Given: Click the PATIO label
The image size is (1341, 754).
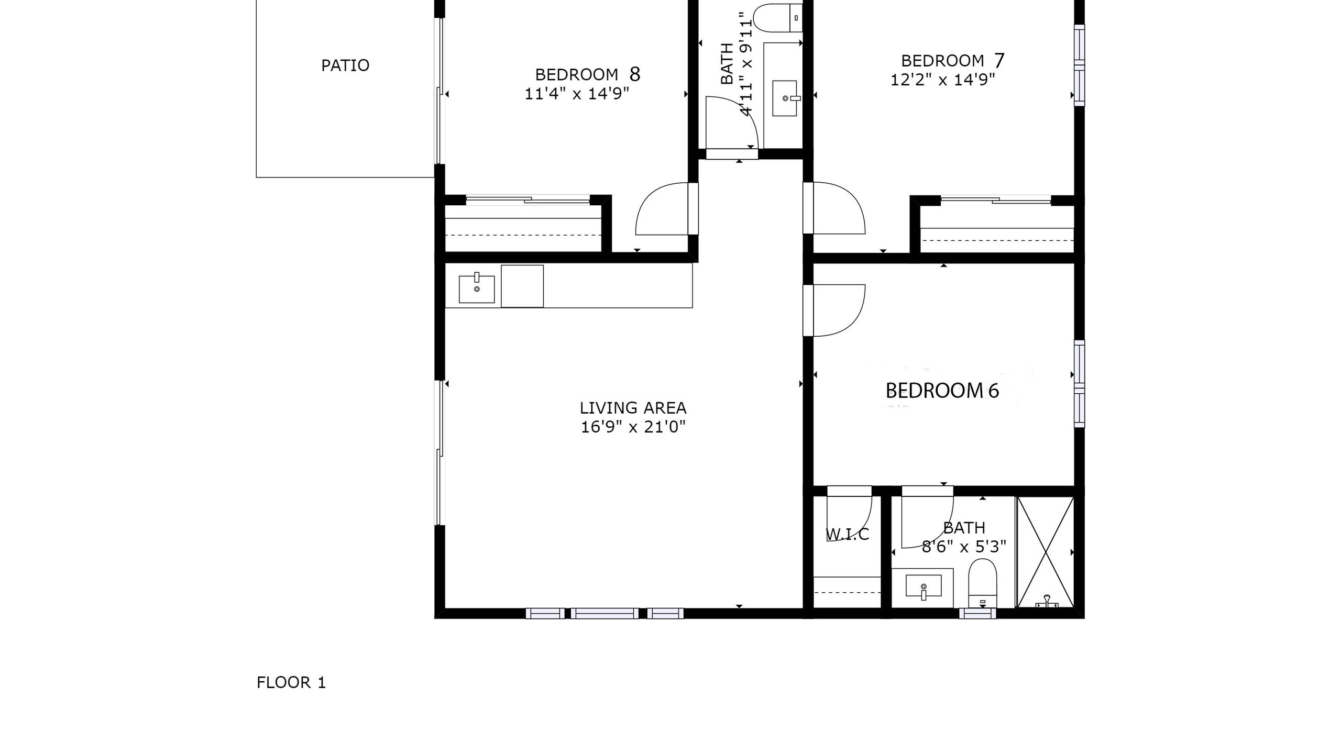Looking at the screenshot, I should pyautogui.click(x=345, y=65).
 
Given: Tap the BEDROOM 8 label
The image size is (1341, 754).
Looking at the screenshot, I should pyautogui.click(x=587, y=74).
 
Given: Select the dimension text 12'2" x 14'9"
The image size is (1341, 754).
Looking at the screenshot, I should pyautogui.click(x=943, y=80).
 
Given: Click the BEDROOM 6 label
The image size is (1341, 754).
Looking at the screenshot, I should pyautogui.click(x=942, y=391).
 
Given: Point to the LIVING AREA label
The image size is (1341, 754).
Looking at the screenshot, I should pyautogui.click(x=633, y=408).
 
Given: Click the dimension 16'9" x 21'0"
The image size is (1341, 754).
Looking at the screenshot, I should pyautogui.click(x=633, y=427).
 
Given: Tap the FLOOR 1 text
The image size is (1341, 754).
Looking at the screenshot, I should pyautogui.click(x=291, y=683).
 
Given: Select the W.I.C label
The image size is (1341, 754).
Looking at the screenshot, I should pyautogui.click(x=847, y=535).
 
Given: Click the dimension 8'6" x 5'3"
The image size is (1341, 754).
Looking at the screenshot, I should pyautogui.click(x=964, y=547).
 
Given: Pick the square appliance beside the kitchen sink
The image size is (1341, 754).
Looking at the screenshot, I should pyautogui.click(x=522, y=286).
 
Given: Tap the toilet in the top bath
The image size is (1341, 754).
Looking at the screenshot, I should pyautogui.click(x=778, y=17).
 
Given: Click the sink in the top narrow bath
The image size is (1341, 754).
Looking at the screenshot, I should pyautogui.click(x=785, y=98).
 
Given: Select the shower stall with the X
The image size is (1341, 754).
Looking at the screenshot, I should pyautogui.click(x=1045, y=552).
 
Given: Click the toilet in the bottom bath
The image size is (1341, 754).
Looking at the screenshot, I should pyautogui.click(x=982, y=583).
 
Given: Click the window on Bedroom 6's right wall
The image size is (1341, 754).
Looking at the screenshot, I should pyautogui.click(x=1079, y=384).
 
